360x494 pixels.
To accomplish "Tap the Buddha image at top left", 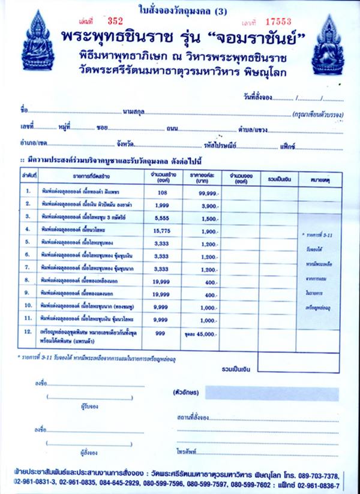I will (37, 44).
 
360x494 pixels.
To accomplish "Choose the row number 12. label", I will (28, 333).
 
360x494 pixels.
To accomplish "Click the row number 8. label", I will (28, 281).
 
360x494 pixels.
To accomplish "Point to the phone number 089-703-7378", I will (327, 471).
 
